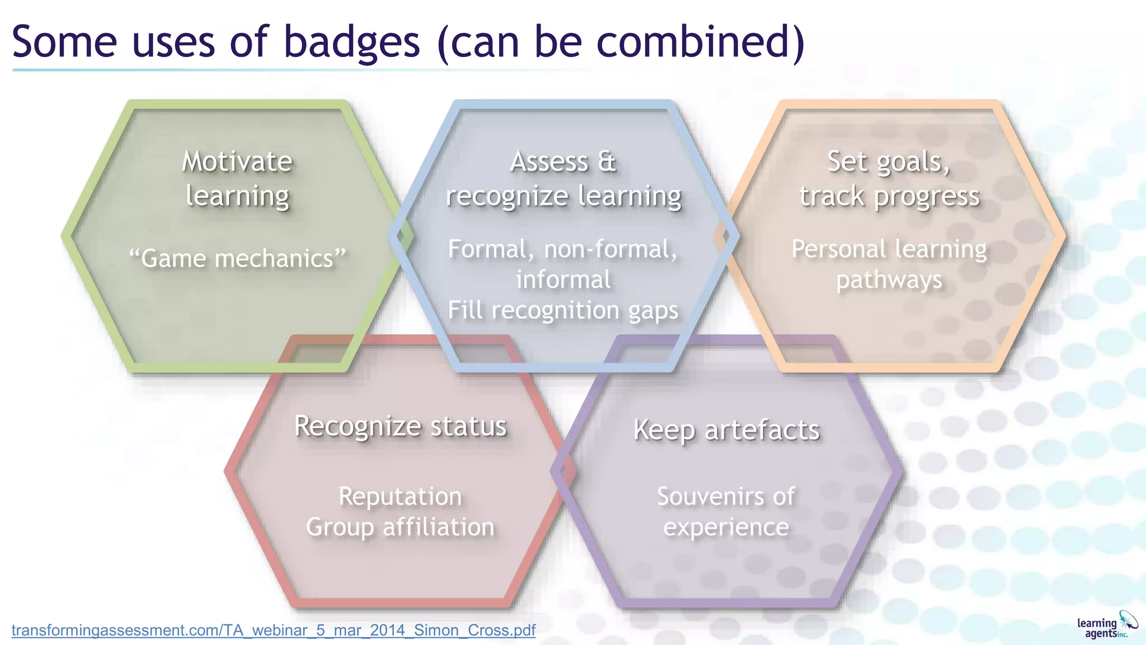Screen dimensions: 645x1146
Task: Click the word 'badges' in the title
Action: pos(351,43)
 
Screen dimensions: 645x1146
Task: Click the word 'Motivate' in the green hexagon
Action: pos(237,162)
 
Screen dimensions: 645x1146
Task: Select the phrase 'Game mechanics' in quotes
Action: pos(237,259)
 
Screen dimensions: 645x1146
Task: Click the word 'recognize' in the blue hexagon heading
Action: pos(507,197)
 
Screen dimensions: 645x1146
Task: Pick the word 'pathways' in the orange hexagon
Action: pos(889,280)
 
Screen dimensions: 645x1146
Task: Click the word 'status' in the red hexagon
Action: pos(468,426)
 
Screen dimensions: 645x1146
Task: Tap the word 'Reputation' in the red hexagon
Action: pos(400,497)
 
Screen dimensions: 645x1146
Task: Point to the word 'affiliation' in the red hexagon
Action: pos(439,527)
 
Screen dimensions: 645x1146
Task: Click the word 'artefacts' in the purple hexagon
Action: pos(762,430)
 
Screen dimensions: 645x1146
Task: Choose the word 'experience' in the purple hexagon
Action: pos(726,527)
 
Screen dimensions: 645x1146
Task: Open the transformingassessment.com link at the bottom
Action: pos(273,630)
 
